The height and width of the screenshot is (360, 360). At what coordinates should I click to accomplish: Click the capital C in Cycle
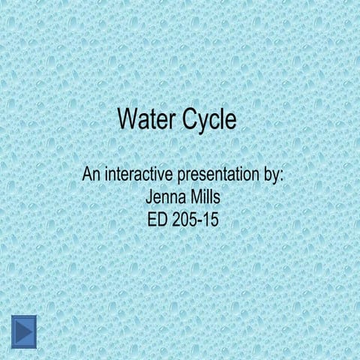click(x=187, y=120)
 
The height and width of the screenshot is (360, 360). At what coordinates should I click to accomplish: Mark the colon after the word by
click(x=283, y=178)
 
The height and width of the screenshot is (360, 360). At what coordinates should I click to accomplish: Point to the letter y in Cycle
click(x=201, y=122)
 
